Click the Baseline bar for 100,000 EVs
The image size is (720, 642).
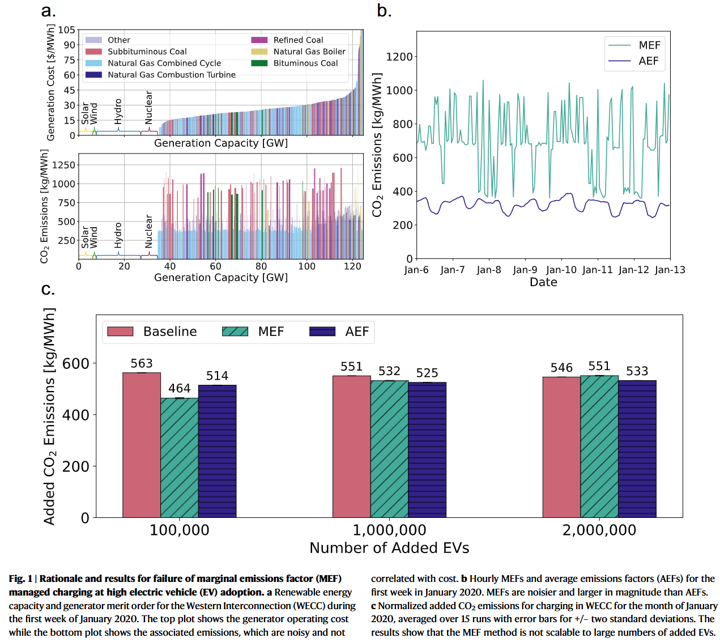point(142,445)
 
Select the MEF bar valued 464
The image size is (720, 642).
point(180,458)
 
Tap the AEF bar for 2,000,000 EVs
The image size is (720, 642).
point(637,449)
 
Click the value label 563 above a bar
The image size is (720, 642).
point(142,364)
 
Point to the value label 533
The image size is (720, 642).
point(637,371)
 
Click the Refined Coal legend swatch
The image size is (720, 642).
point(259,40)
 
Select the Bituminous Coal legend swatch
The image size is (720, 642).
point(259,63)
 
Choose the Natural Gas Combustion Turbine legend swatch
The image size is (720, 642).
point(93,75)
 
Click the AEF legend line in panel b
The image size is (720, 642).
point(619,61)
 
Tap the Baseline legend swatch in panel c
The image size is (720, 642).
point(120,331)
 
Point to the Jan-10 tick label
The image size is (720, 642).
point(561,270)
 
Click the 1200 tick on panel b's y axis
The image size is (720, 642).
point(399,57)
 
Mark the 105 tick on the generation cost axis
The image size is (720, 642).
point(67,30)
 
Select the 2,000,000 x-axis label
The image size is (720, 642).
point(599,530)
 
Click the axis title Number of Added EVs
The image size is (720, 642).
point(389,548)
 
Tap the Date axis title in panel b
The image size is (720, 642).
point(543,282)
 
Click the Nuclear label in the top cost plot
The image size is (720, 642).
point(149,108)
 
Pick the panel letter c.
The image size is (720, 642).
point(48,290)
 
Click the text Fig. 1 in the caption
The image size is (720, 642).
point(20,579)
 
